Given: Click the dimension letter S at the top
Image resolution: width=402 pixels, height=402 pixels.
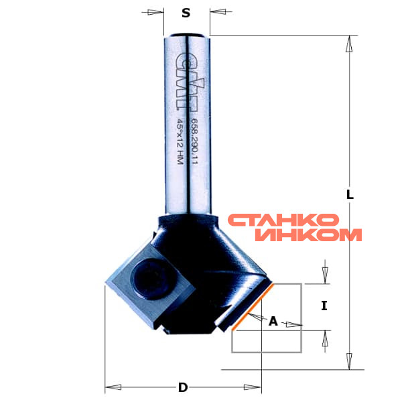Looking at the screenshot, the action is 186,13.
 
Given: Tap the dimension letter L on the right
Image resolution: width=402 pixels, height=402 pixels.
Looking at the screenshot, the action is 350,194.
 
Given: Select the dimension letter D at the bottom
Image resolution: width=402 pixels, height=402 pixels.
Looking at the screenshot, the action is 183,387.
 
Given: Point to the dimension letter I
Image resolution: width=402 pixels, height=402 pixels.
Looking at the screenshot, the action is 324,306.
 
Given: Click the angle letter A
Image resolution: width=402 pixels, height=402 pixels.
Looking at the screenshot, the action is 273,321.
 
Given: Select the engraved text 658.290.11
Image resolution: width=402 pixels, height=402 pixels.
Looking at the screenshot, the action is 195,141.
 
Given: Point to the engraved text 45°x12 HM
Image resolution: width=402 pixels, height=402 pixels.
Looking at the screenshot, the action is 180,141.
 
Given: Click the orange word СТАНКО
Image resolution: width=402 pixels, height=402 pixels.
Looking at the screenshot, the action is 283,220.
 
